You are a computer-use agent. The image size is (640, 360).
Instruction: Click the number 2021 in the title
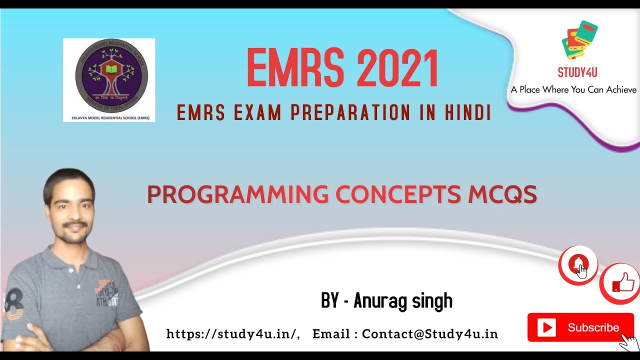point(390,68)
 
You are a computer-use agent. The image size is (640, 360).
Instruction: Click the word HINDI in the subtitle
point(467,113)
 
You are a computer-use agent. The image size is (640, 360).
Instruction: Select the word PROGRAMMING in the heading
point(237,194)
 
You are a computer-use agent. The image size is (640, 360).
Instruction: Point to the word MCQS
point(502,194)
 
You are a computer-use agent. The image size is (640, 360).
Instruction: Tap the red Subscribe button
point(580,327)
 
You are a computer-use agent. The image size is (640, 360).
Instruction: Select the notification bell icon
point(578,264)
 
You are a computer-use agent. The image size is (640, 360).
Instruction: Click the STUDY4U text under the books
point(577,72)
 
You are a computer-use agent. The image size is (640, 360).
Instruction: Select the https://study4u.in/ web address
point(232,334)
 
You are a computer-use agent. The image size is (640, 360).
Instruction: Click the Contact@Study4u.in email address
point(430,334)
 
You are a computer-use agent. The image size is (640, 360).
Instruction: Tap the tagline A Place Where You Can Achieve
point(573,90)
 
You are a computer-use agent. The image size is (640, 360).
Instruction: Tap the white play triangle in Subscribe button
point(546,328)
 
